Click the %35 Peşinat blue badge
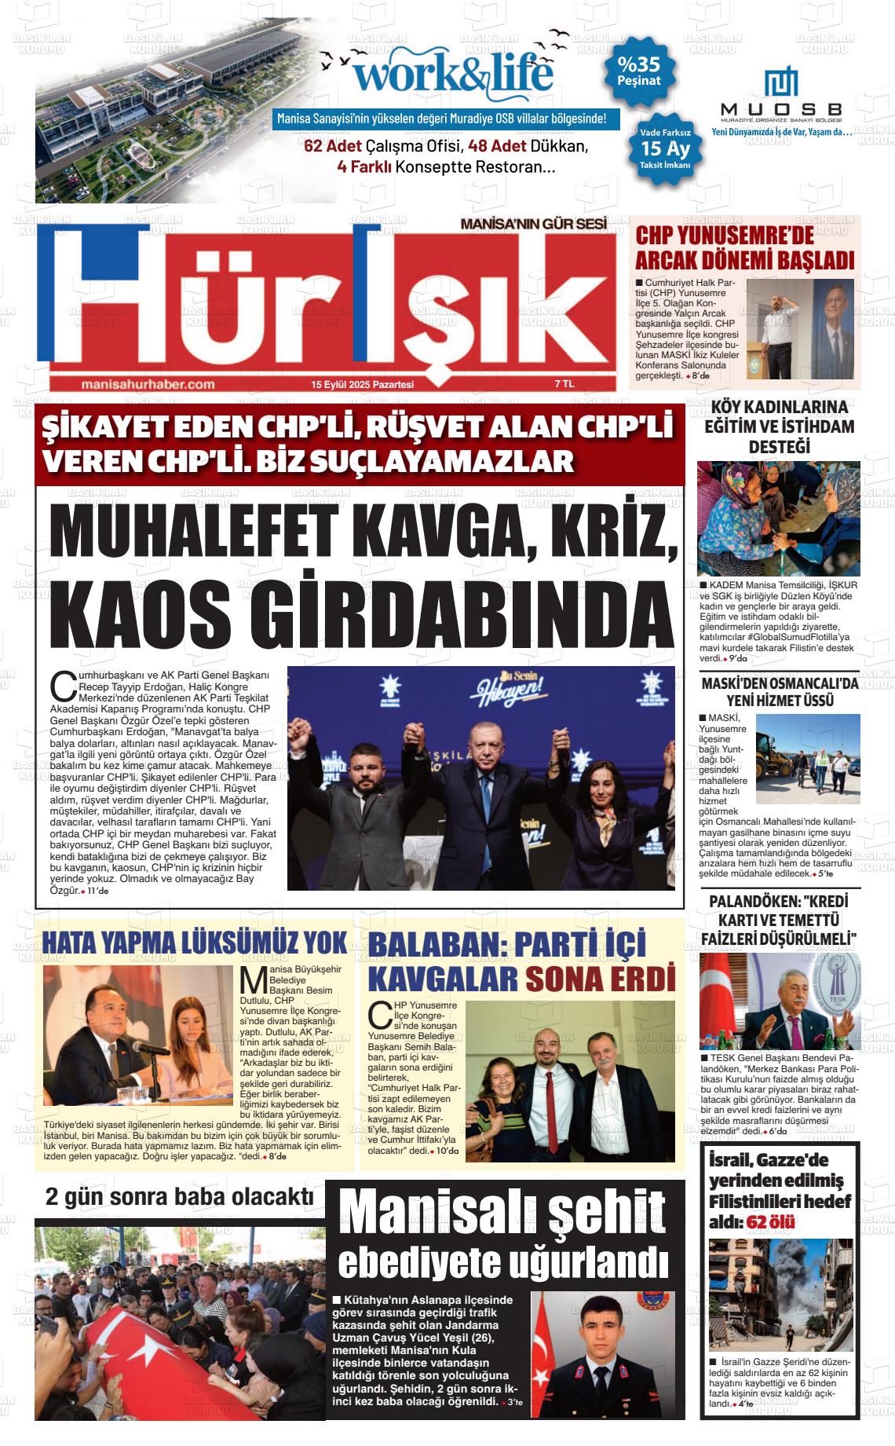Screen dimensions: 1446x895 (x=638, y=72)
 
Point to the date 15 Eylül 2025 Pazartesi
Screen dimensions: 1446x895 (x=362, y=385)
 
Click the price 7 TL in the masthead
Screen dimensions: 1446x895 (x=564, y=384)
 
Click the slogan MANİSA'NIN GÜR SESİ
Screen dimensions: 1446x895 (x=534, y=224)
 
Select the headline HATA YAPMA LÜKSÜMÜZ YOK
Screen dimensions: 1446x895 (x=194, y=941)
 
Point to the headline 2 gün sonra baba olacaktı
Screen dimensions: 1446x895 (x=180, y=1197)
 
